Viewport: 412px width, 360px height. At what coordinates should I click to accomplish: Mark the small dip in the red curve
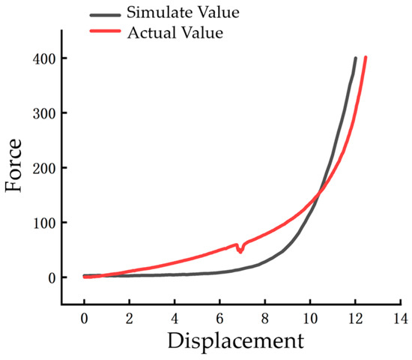[240, 250]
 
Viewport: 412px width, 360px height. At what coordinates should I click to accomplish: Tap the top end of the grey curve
[355, 58]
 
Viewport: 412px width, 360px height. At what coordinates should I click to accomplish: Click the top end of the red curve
[366, 58]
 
